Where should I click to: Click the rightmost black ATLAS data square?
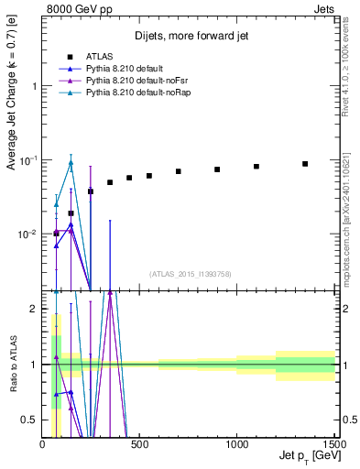pyautogui.click(x=305, y=164)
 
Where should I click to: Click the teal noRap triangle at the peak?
pyautogui.click(x=71, y=163)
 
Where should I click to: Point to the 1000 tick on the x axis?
pyautogui.click(x=237, y=444)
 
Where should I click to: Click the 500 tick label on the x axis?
pyautogui.click(x=139, y=444)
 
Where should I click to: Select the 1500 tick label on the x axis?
pyautogui.click(x=333, y=444)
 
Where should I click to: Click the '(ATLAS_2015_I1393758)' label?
pyautogui.click(x=189, y=273)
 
